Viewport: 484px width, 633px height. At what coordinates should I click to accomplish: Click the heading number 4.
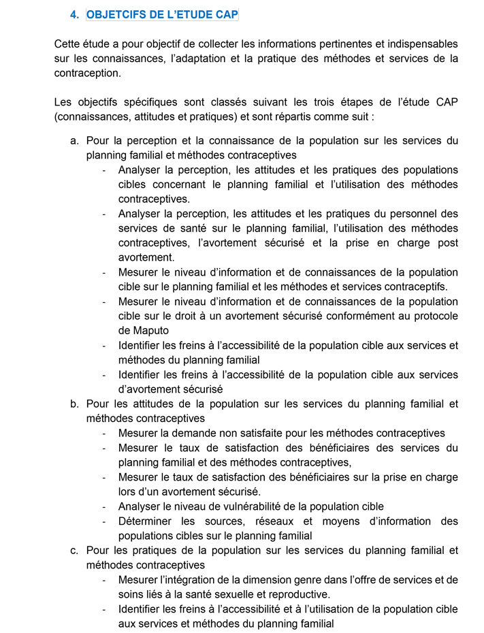coord(74,14)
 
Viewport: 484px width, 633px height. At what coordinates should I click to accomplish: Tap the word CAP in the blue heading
coord(225,14)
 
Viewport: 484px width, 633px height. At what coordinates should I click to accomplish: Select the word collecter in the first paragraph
coord(210,44)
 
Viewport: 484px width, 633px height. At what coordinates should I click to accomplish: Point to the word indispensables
coord(420,44)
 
